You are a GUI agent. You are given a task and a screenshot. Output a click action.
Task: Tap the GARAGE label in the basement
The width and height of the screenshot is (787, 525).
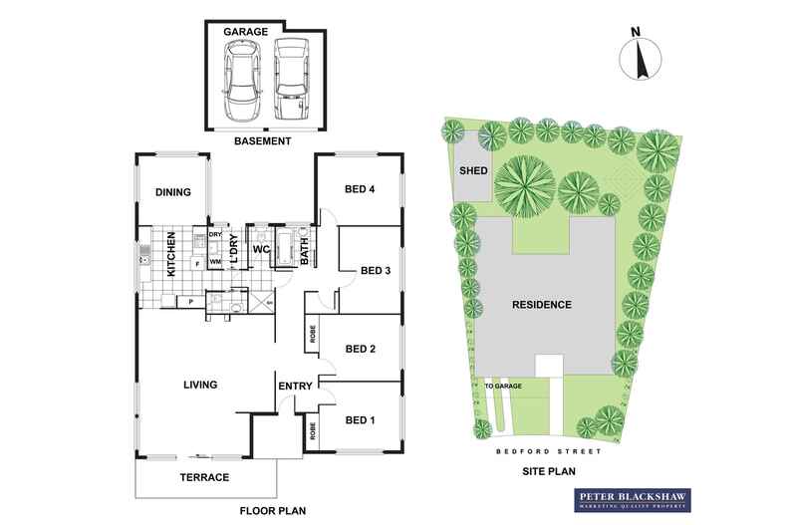click(x=244, y=33)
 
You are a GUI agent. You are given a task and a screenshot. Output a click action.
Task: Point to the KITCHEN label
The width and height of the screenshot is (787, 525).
click(x=171, y=254)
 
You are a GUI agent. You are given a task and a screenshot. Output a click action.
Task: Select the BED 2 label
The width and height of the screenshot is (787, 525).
click(x=360, y=349)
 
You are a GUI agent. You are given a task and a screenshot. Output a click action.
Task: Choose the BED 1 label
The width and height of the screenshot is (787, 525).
click(x=359, y=419)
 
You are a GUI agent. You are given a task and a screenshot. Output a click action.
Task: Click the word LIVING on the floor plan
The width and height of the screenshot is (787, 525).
click(x=200, y=384)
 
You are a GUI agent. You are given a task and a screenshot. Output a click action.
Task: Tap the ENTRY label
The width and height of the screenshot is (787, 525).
click(x=296, y=387)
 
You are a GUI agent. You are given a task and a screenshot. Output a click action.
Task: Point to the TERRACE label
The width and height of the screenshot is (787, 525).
click(x=204, y=477)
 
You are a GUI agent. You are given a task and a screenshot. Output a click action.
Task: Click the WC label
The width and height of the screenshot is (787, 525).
click(x=261, y=249)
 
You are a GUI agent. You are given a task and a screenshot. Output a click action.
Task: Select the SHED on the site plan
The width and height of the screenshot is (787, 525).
click(x=472, y=170)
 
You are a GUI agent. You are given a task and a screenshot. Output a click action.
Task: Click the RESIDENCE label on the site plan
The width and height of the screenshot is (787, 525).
click(x=542, y=305)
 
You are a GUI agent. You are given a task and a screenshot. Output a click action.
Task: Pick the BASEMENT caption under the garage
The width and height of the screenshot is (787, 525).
click(x=262, y=141)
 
